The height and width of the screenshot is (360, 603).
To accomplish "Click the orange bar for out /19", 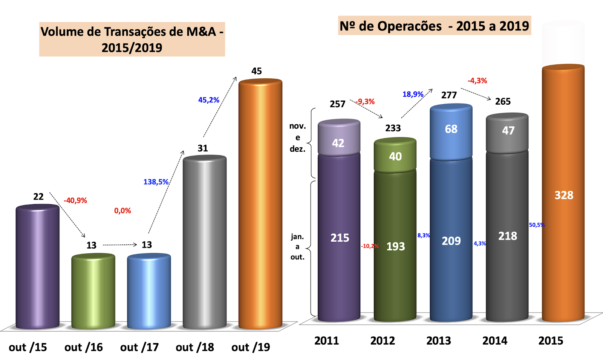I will click(x=260, y=203).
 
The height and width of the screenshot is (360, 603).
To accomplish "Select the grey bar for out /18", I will click(x=204, y=241).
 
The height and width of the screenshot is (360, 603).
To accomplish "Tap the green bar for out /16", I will click(x=93, y=290).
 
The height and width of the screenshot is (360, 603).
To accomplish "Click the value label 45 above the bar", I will click(x=257, y=71).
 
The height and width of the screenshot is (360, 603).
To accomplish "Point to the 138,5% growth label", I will click(x=156, y=182).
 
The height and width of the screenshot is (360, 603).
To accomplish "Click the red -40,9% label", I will click(x=75, y=201).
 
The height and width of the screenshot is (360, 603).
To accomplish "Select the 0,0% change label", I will click(x=122, y=211).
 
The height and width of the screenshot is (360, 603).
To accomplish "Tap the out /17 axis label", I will click(x=139, y=347).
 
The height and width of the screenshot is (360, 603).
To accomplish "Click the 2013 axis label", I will click(x=439, y=341).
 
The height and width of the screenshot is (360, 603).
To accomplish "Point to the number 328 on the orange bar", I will click(x=564, y=195).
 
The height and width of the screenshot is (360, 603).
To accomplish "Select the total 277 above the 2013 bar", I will click(x=449, y=95).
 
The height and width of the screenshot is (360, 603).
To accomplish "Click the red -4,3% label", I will click(x=477, y=81).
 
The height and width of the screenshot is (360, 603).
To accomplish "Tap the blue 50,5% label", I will click(x=537, y=225).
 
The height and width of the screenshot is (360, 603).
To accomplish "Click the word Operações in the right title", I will click(x=410, y=26).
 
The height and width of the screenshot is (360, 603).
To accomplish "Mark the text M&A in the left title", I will click(x=202, y=32).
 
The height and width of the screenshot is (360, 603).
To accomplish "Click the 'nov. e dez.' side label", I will click(x=297, y=137).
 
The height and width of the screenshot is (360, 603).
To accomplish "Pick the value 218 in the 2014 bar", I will click(x=508, y=236).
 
